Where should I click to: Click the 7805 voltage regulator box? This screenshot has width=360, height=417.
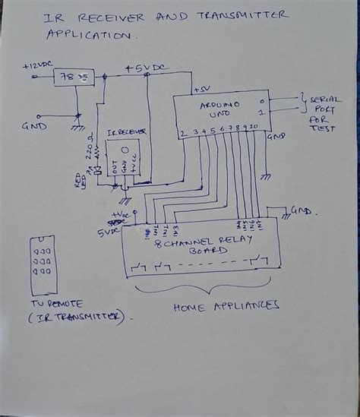pos(74,77)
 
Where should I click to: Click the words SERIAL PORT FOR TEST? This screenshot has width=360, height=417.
pos(320,115)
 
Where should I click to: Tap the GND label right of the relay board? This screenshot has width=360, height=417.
pos(302,211)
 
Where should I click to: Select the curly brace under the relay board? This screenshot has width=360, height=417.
pos(202,291)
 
